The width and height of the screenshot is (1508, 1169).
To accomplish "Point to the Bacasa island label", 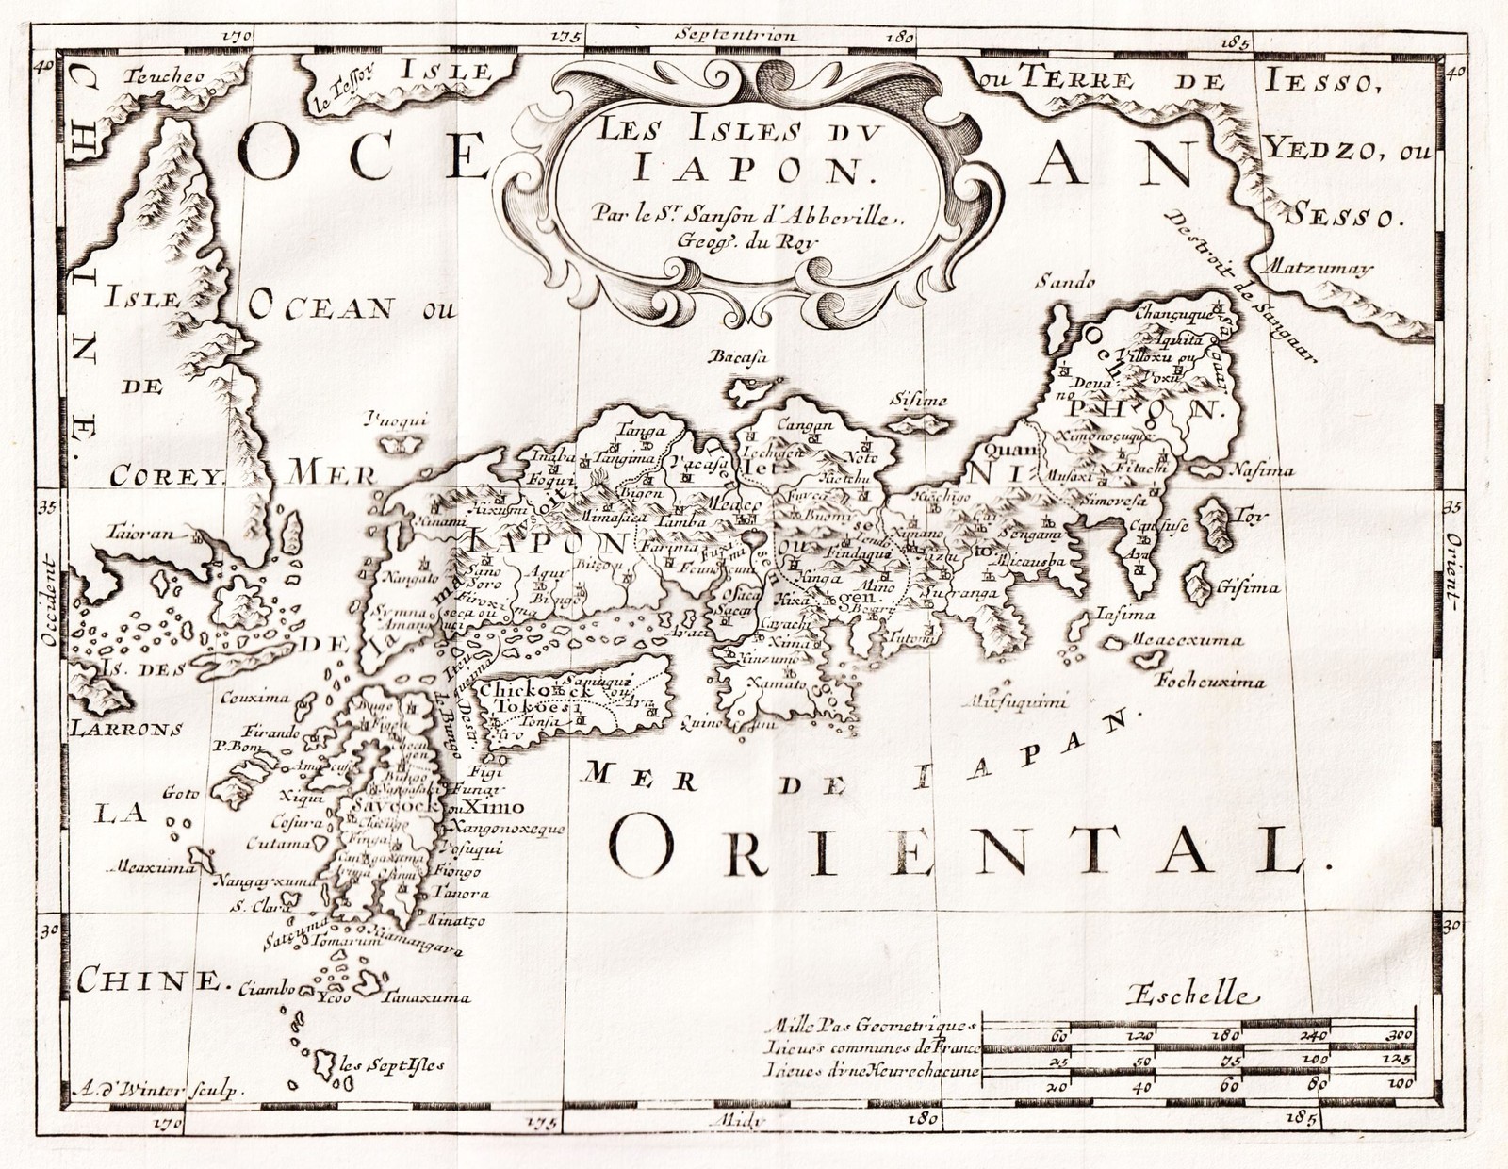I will [742, 358].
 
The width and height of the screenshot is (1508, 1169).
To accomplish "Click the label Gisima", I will [1247, 587].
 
